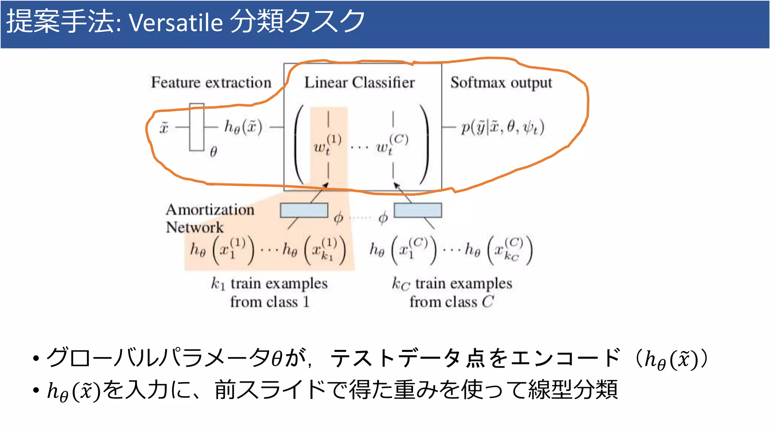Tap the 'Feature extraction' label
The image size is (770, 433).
point(211,82)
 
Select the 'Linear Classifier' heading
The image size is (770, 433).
point(359,82)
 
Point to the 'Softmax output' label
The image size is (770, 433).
point(501,83)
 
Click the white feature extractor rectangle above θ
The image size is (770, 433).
point(197,127)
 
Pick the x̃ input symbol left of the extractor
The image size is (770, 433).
point(164,128)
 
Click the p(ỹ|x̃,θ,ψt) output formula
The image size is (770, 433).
point(503,127)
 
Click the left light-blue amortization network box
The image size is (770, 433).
point(304,210)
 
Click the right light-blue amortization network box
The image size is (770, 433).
point(418,210)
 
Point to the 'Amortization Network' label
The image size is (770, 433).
point(210,218)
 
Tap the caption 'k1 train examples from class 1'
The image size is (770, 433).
point(270,292)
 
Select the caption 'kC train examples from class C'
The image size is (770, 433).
point(452,292)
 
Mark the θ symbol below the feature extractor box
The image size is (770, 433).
point(213,152)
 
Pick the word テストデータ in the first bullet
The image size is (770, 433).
point(395,358)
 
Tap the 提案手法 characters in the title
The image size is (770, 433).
point(60,21)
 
